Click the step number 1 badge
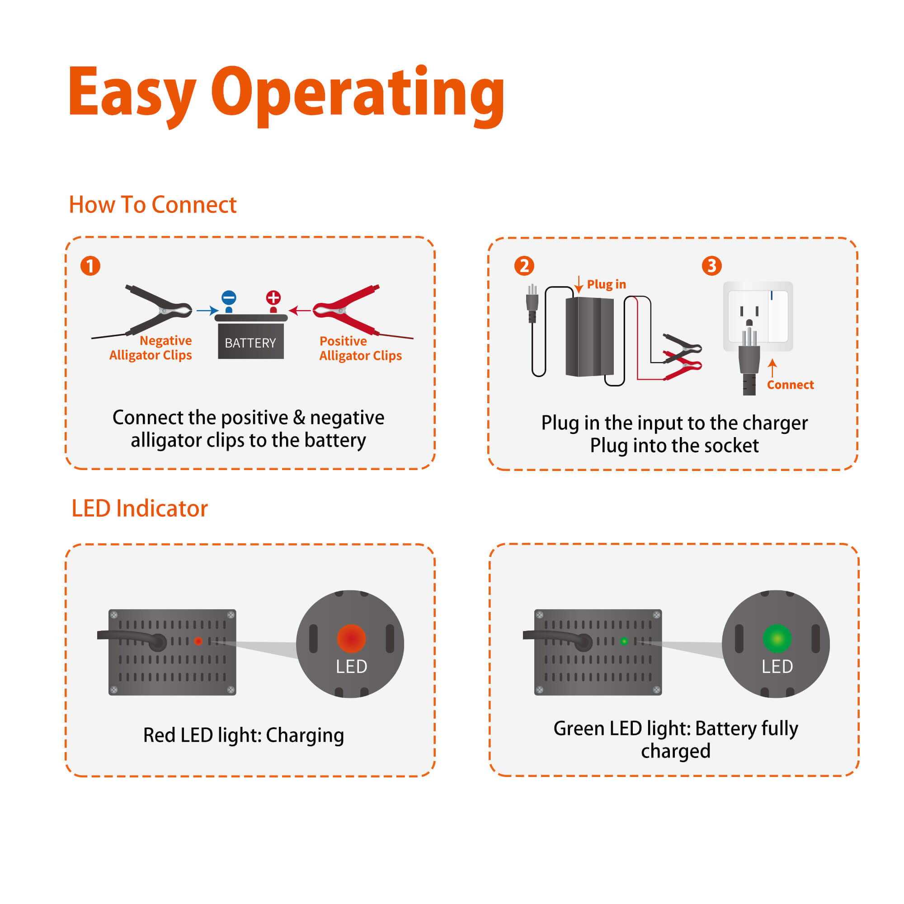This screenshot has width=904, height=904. coord(90,266)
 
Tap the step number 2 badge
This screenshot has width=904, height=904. coord(524,266)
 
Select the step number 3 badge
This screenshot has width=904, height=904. coord(712,266)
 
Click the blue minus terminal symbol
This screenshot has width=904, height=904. coord(229,297)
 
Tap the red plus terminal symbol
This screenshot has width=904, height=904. coord(273,297)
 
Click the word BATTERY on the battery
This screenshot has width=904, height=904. coord(250,343)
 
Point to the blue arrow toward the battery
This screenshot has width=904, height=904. coord(207,310)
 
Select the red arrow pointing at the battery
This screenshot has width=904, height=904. coord(300,310)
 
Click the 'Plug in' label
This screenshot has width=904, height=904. coord(606,284)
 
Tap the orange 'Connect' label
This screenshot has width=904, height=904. coord(790,385)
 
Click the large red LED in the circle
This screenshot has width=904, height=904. coord(351,638)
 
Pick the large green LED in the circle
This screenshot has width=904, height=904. coord(777,638)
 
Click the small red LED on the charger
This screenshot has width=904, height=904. coord(198,641)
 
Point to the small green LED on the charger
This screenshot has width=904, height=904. coord(624,641)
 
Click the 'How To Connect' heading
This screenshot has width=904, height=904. coord(152,204)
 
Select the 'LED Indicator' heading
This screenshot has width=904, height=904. coord(139,508)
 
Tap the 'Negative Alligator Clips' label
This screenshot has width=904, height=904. coord(151,348)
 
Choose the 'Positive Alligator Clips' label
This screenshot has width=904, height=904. coord(360,348)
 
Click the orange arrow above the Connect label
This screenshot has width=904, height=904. coord(772,368)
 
